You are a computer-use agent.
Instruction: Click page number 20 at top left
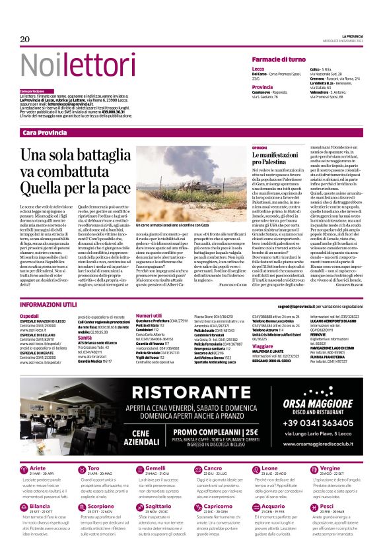[x=25, y=40]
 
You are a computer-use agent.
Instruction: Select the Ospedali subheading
[x=29, y=316]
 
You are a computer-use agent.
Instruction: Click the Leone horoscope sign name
[x=270, y=468]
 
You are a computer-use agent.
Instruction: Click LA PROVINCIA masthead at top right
[x=351, y=36]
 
